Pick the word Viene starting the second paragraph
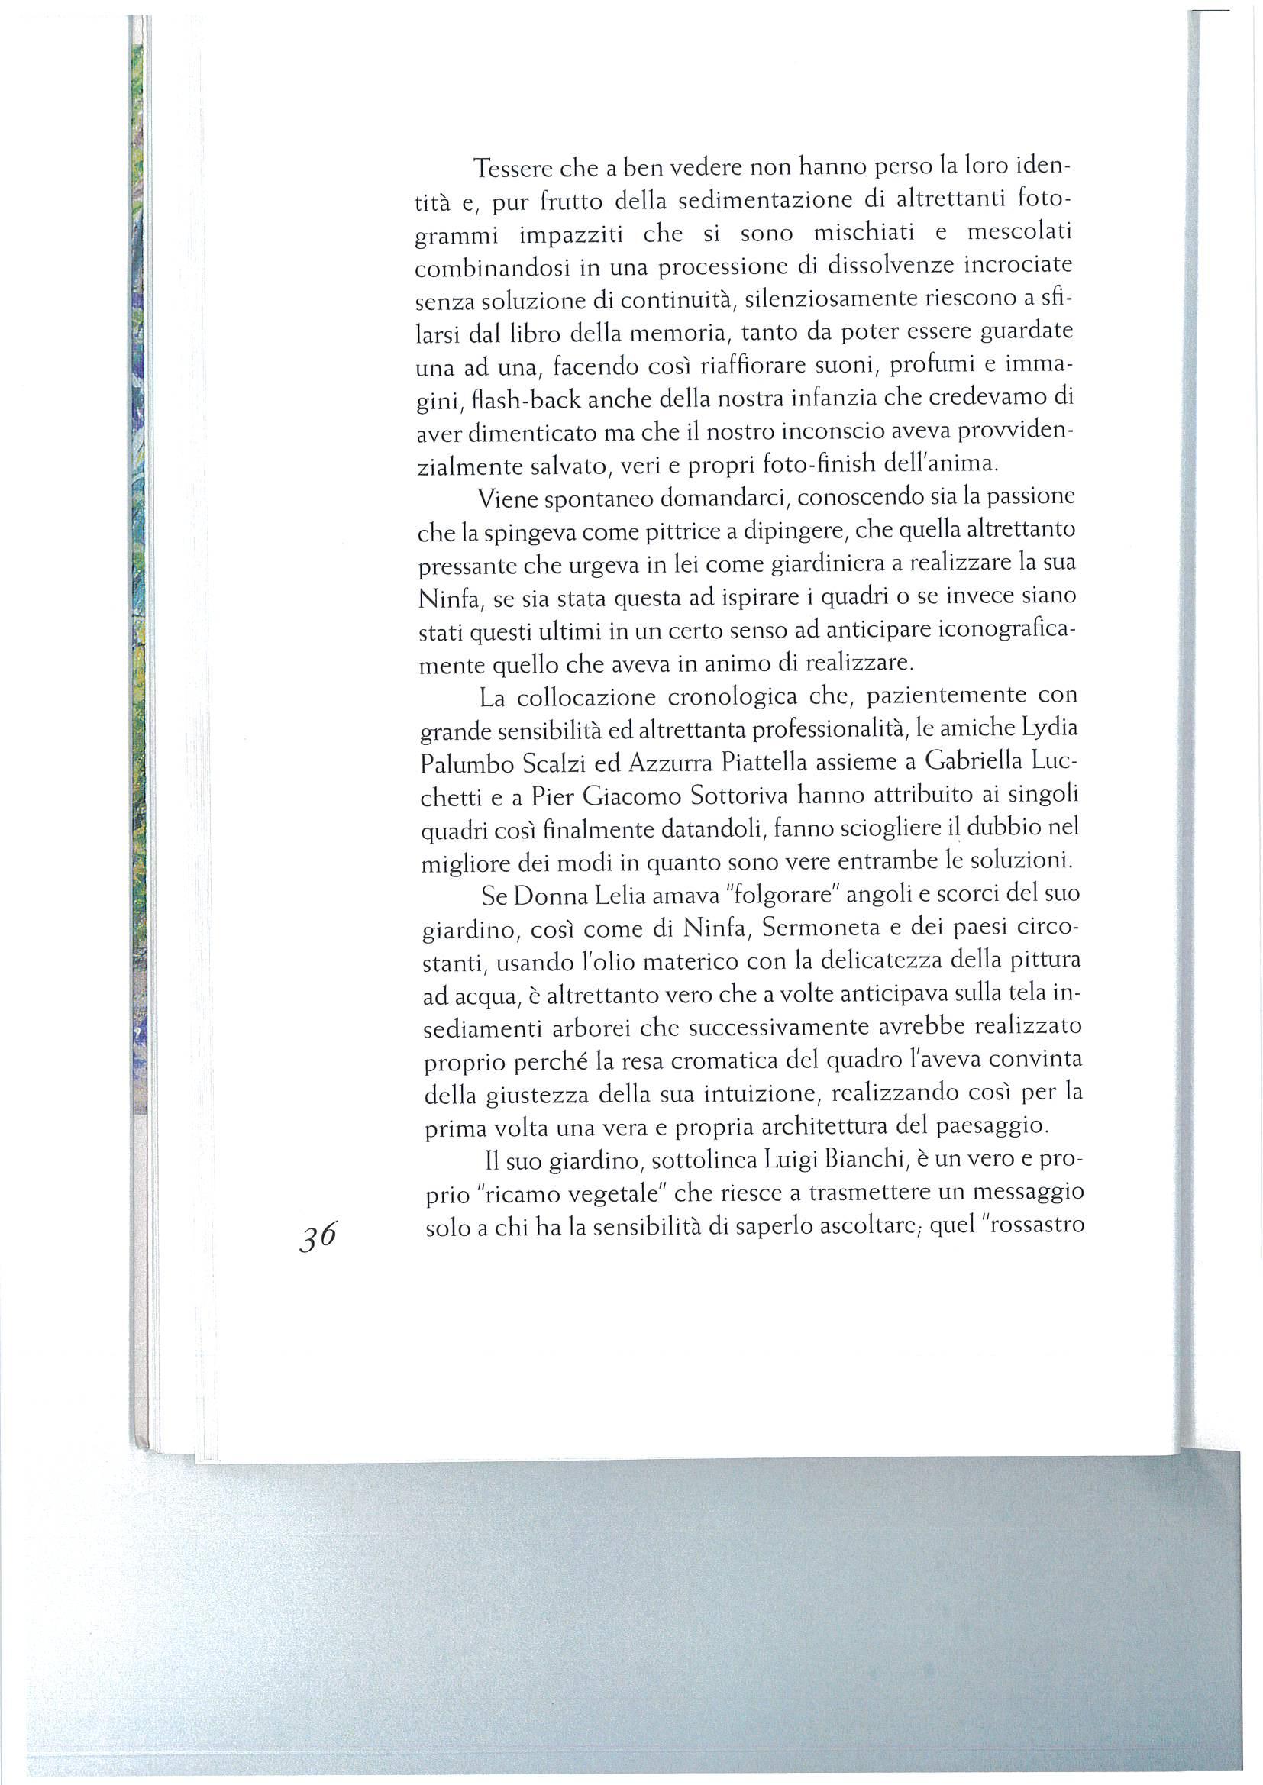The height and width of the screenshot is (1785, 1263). pos(506,500)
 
